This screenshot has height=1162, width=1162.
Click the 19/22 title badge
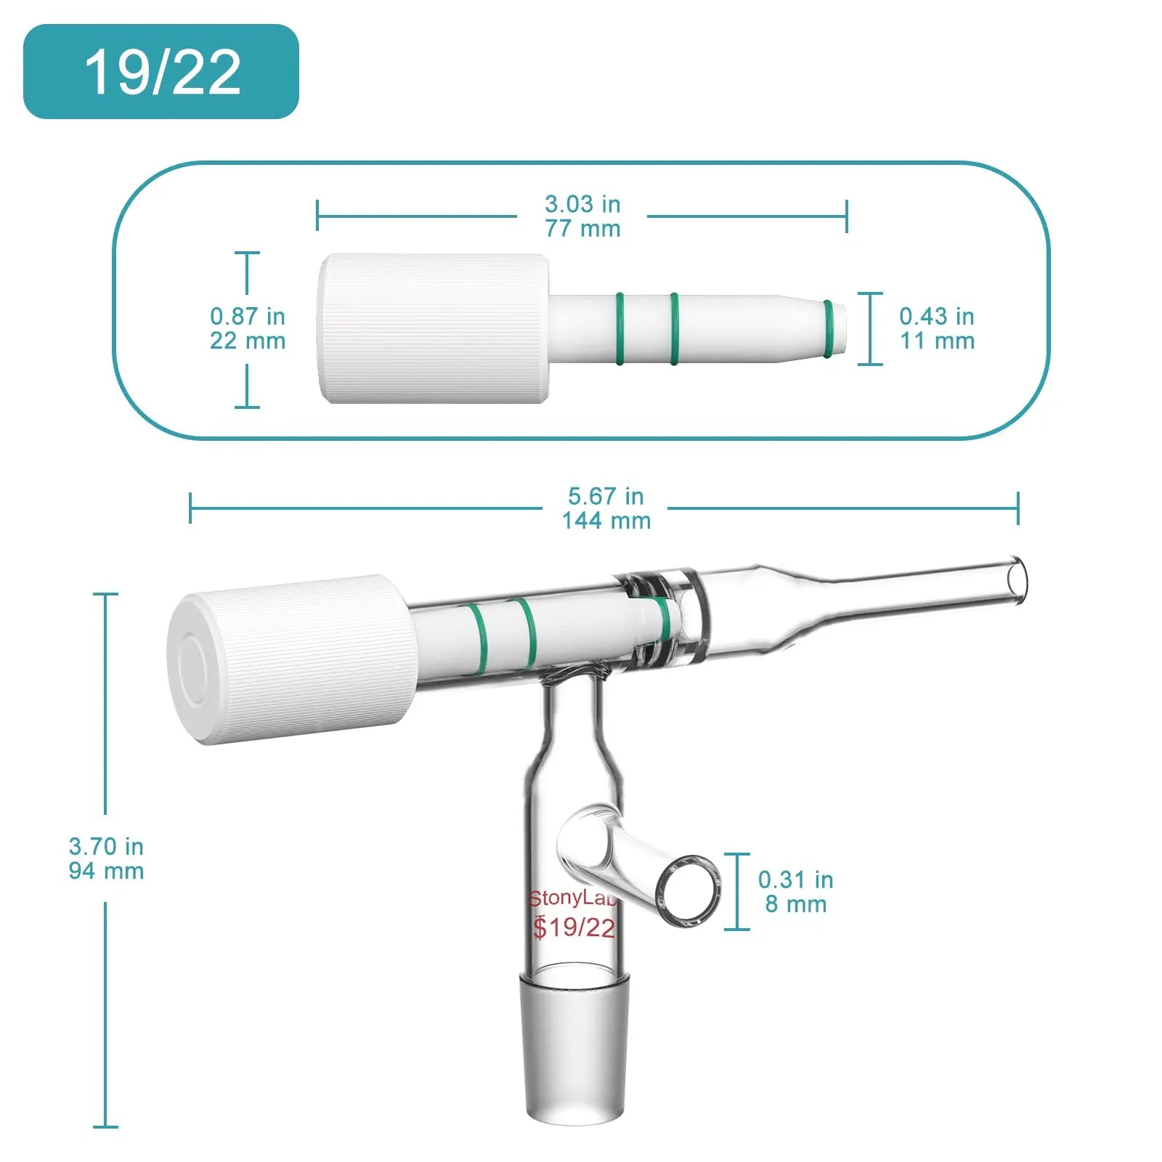point(161,72)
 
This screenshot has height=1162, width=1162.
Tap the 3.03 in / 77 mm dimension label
point(582,216)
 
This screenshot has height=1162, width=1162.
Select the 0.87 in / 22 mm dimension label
point(248,328)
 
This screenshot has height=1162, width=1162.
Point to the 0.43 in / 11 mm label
point(936,328)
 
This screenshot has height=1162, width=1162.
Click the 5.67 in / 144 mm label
point(606,508)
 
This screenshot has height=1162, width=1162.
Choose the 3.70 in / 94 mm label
point(106,858)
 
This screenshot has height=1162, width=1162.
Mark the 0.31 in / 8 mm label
point(795,892)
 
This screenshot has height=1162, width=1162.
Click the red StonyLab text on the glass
point(572,899)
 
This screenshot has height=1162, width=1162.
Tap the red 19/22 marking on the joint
point(574,927)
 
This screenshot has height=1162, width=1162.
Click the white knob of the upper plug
point(434,328)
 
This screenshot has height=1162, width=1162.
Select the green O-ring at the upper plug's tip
point(828,328)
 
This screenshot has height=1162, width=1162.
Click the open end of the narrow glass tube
point(1017,580)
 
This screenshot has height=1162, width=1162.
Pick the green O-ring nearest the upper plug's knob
point(619,328)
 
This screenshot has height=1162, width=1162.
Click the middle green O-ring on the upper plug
point(674,328)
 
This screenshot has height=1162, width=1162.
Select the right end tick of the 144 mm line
point(1017,508)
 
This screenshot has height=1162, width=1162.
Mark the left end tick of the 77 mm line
point(317,216)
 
